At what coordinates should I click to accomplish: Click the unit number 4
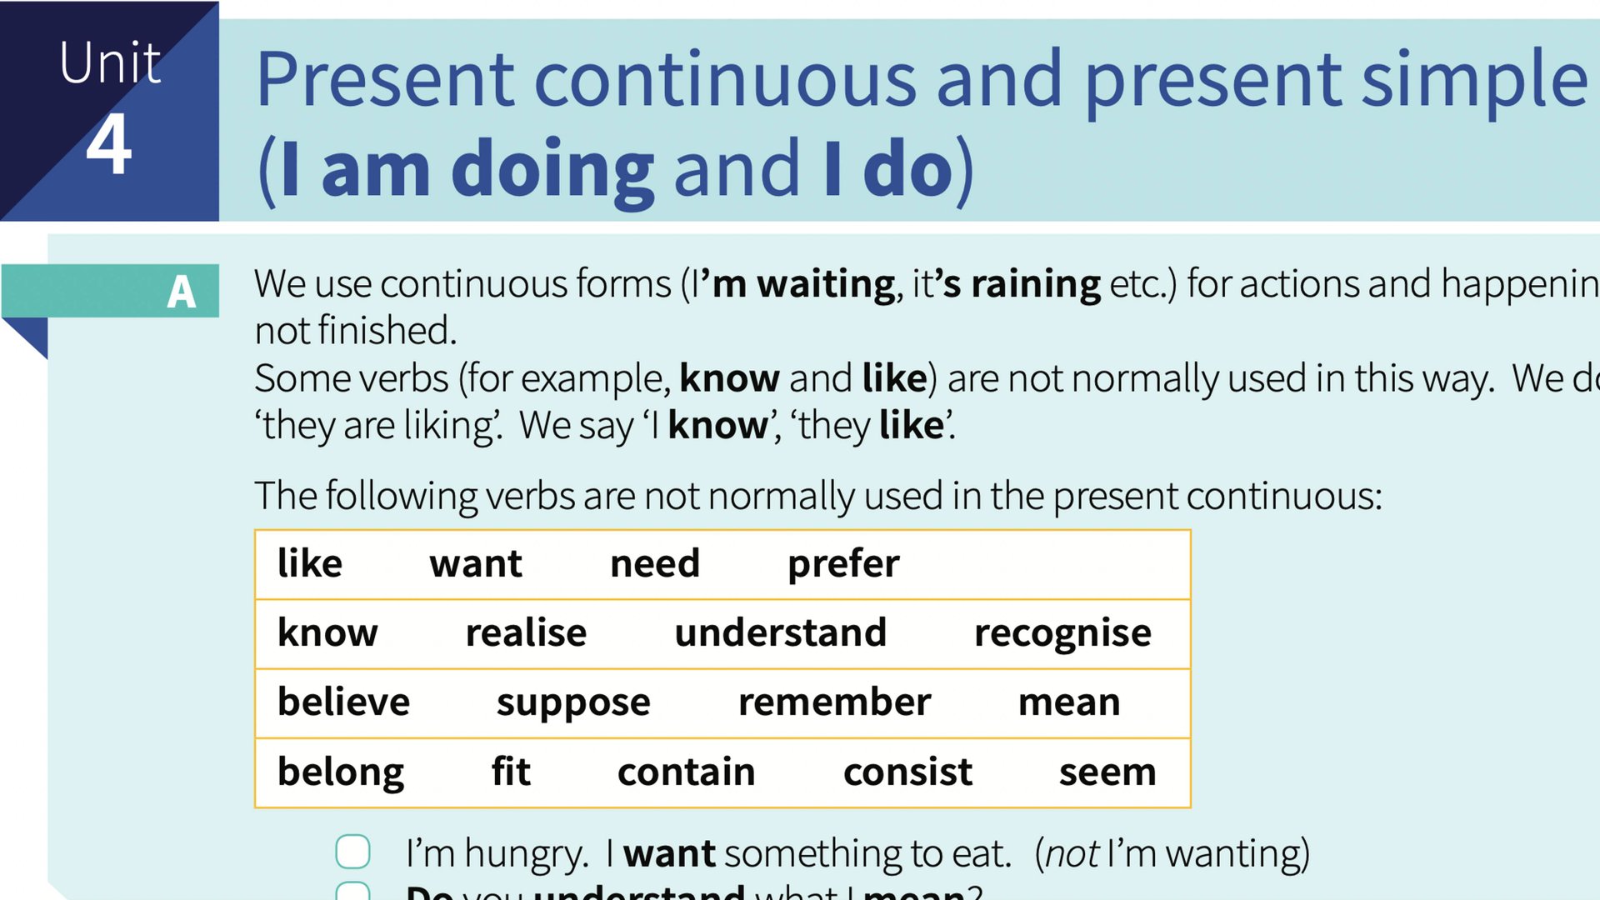coord(109,145)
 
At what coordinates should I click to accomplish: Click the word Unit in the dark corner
coord(110,63)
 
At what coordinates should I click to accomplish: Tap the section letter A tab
coord(181,292)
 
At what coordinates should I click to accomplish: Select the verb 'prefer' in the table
coord(843,564)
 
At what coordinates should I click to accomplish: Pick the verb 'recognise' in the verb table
coord(1062,633)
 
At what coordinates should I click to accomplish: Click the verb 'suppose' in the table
coord(573,702)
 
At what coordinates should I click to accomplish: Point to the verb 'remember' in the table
coord(834,702)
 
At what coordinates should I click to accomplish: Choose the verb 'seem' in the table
coord(1107,772)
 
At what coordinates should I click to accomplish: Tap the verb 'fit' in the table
coord(511,772)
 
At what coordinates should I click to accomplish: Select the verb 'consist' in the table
coord(907,772)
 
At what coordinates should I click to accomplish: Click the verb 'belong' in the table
coord(341,772)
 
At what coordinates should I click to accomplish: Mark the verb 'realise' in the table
coord(526,633)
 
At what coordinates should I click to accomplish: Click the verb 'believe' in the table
coord(343,702)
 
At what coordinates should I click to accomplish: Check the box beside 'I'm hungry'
coord(352,852)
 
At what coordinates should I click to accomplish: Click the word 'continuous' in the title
coord(725,80)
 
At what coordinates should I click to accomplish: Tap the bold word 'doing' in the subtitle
coord(552,170)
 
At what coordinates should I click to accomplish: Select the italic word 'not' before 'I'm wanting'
coord(1072,854)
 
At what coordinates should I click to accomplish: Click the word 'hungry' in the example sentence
coord(526,854)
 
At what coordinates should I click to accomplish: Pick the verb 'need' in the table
coord(655,564)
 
